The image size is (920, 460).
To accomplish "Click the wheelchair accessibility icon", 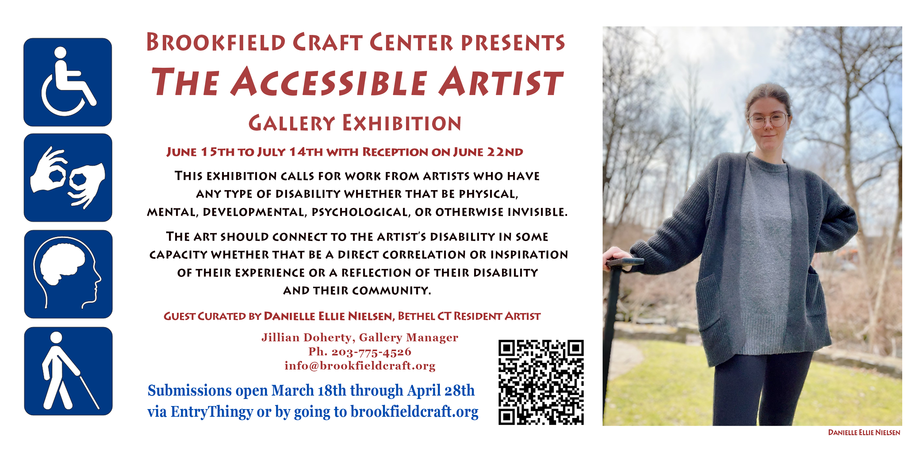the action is click(x=67, y=82).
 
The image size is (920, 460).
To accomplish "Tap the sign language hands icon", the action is click(x=68, y=178).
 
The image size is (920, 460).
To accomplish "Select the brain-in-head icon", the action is click(x=68, y=274).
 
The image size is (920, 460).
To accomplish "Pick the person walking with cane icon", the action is click(x=68, y=371).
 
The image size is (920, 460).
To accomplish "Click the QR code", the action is click(x=541, y=382).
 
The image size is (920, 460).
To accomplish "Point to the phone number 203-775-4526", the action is click(x=371, y=352).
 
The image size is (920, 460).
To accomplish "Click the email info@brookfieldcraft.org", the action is click(x=360, y=366).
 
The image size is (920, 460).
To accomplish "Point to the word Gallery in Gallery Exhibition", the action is click(x=291, y=123).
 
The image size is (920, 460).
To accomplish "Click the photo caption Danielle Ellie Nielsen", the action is click(x=864, y=432).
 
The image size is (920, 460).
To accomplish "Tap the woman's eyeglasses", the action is click(x=768, y=120).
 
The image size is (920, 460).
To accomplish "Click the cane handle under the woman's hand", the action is click(x=625, y=262).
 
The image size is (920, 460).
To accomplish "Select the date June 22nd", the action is click(x=488, y=152).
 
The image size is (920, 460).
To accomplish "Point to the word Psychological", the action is click(x=360, y=212).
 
